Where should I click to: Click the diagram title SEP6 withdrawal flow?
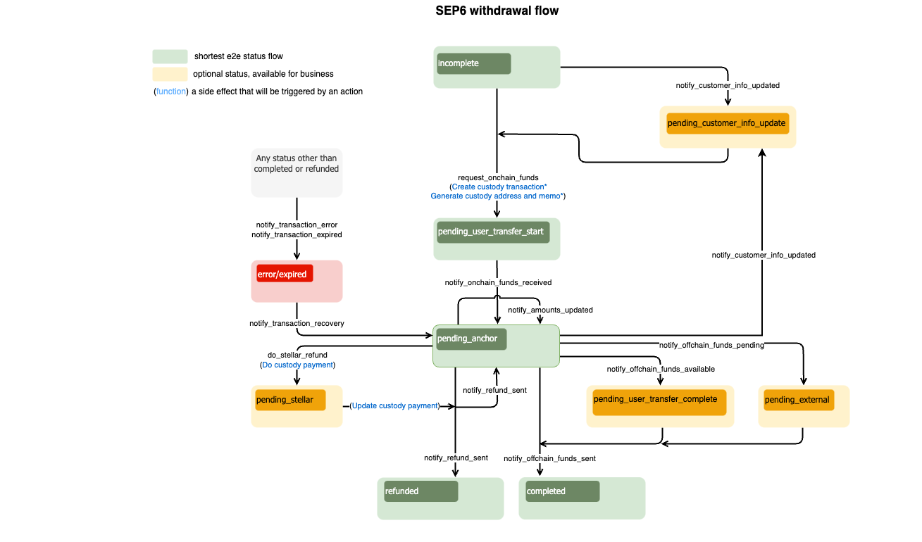coord(497,11)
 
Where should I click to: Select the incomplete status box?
coord(473,63)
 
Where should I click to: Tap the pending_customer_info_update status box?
coord(726,124)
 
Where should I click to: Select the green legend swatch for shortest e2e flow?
coord(170,56)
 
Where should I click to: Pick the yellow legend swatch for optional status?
coord(170,74)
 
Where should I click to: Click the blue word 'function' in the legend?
coord(171,92)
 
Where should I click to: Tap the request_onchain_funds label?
coord(498,178)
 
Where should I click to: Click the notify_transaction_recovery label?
coord(297,324)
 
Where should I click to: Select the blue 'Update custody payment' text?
coord(394,406)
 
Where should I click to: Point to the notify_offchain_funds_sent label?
coord(549,459)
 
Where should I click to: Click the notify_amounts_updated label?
coord(550,310)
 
